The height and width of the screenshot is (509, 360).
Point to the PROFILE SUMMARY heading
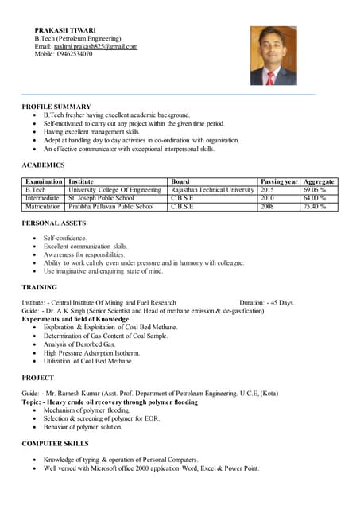point(56,107)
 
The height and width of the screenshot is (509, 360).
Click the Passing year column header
point(279,181)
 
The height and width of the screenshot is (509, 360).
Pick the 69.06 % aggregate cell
point(315,190)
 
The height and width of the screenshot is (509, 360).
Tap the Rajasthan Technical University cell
point(212,190)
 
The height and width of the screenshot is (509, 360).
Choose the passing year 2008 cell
point(267,207)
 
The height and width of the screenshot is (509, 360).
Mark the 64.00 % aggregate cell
point(315,198)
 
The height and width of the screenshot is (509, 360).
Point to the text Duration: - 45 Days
point(265,302)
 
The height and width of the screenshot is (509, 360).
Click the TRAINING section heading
point(40,287)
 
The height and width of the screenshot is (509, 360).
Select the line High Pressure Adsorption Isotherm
point(91,352)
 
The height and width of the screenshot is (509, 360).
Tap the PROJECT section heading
point(38,378)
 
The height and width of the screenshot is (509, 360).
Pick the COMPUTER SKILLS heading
point(55,443)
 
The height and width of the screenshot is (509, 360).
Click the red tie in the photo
point(270,77)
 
